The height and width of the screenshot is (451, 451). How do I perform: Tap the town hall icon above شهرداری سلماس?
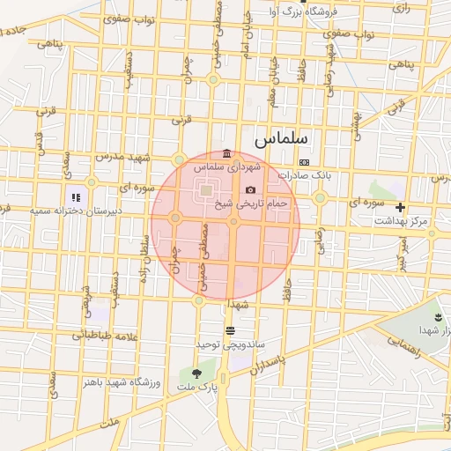[x=228, y=153]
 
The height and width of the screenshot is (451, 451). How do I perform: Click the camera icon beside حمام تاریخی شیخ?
[x=250, y=189]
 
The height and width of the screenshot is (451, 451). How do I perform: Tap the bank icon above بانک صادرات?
[x=304, y=162]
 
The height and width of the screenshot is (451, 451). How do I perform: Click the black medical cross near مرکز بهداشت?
[x=401, y=208]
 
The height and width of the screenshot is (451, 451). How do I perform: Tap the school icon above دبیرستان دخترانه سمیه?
[x=77, y=197]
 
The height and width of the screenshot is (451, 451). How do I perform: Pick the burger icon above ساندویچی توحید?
[x=231, y=330]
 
